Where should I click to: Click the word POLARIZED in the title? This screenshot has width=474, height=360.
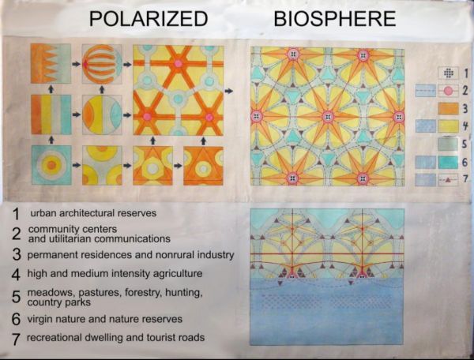[x=149, y=18]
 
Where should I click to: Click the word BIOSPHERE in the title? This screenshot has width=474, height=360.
[x=335, y=18]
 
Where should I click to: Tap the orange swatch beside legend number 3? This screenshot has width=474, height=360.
[x=449, y=109]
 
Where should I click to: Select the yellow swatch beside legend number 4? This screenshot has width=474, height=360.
[x=449, y=126]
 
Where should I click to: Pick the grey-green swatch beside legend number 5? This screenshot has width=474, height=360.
[x=449, y=144]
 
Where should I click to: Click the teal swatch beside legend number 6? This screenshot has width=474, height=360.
[x=449, y=162]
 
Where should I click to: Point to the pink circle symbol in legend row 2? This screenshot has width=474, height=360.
[x=449, y=91]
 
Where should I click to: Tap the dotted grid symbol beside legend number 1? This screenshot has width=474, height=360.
[x=449, y=73]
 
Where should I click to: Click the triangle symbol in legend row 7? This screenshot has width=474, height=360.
[x=448, y=180]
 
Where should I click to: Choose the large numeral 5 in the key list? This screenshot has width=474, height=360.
[x=16, y=297]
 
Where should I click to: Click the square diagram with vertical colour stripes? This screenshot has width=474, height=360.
[x=51, y=114]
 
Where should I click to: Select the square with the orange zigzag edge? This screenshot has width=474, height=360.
[x=51, y=64]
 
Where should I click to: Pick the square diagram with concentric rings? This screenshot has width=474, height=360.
[x=51, y=165]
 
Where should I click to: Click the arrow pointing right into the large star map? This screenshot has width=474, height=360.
[x=229, y=91]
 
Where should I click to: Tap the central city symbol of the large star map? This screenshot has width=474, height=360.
[x=328, y=117]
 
